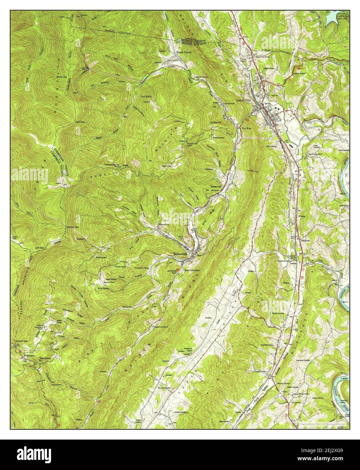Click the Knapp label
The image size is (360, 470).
(302, 214)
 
